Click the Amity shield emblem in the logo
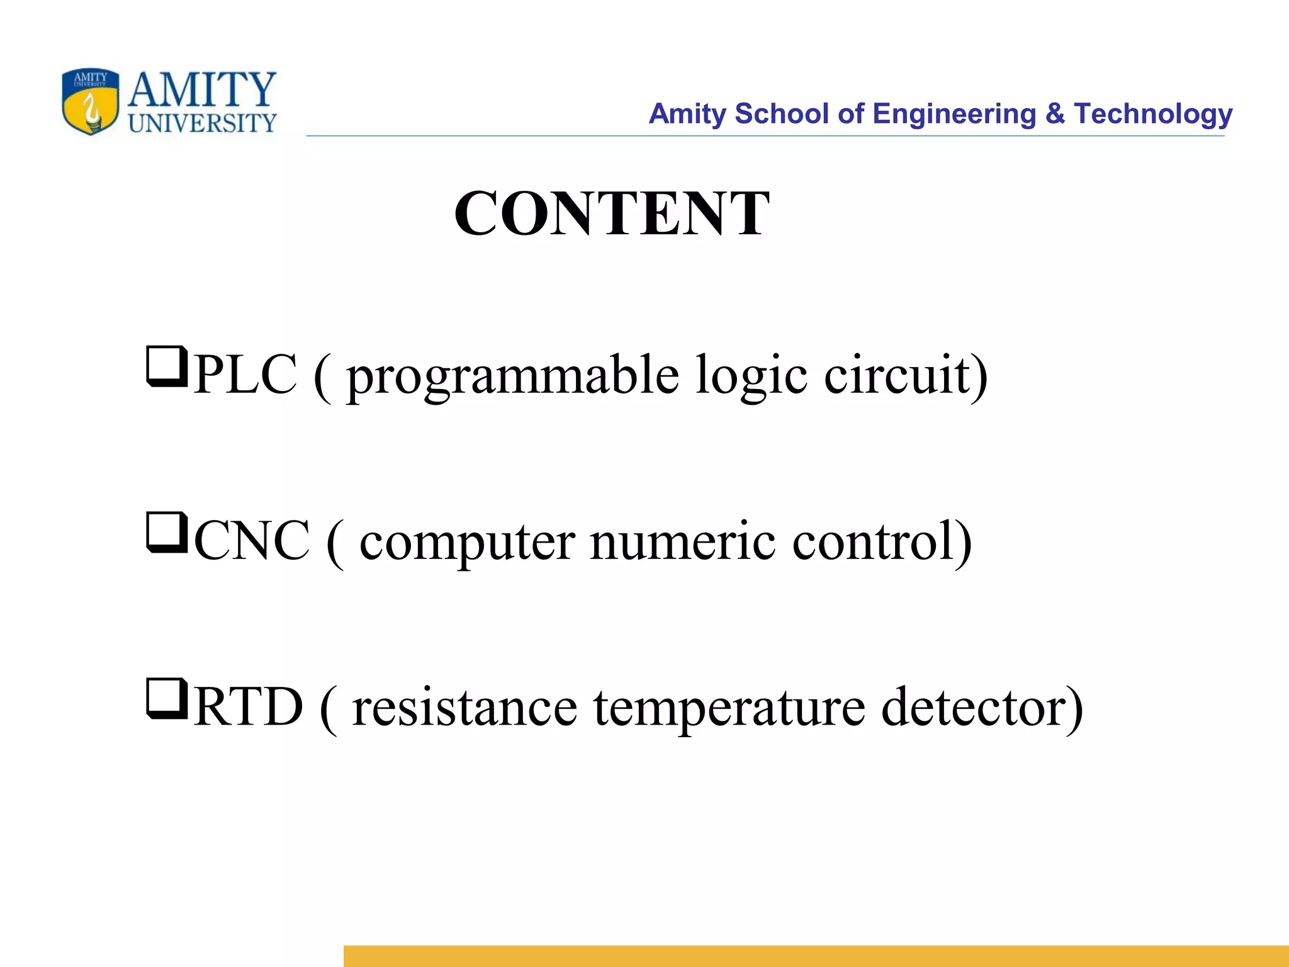(91, 101)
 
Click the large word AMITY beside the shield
(202, 89)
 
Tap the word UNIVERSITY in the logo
(202, 123)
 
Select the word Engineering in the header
(954, 114)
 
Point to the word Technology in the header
(1153, 114)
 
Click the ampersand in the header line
(1055, 114)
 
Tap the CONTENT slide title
(612, 213)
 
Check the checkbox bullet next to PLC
(167, 366)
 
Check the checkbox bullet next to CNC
(167, 532)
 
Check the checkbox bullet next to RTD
(167, 698)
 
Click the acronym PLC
(245, 375)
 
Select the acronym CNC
(252, 541)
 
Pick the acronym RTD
(248, 707)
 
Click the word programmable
(513, 376)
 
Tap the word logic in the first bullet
(751, 376)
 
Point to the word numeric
(683, 542)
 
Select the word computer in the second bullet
(467, 542)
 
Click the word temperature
(729, 708)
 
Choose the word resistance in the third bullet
(464, 708)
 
